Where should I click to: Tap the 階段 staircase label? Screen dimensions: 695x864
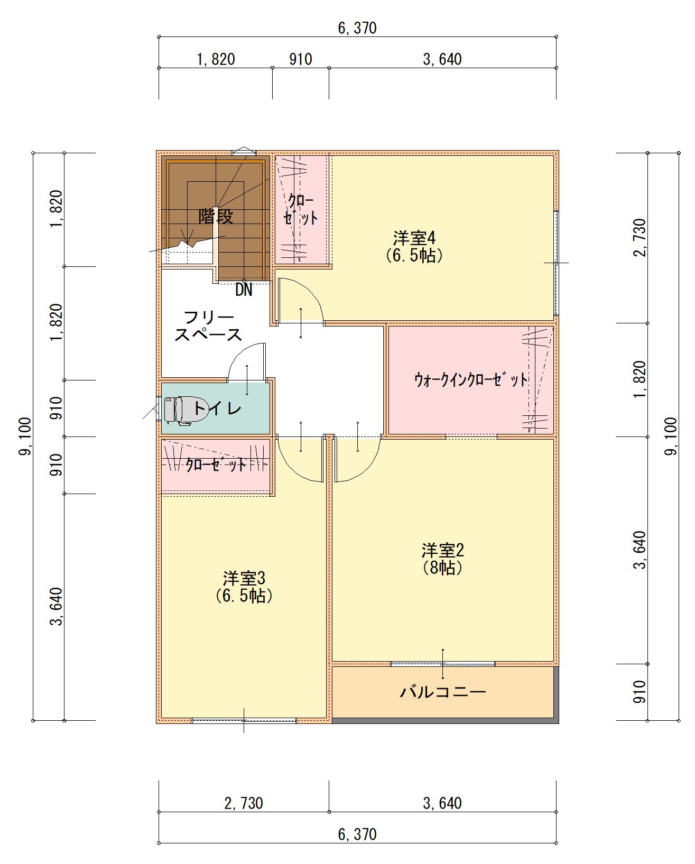pyautogui.click(x=216, y=217)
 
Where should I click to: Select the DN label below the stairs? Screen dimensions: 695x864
pyautogui.click(x=244, y=290)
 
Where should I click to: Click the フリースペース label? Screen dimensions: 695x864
pyautogui.click(x=208, y=326)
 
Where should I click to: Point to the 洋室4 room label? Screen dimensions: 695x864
pyautogui.click(x=414, y=238)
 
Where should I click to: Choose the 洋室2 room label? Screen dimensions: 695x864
pyautogui.click(x=442, y=551)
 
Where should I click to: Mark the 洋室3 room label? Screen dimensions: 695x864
pyautogui.click(x=244, y=579)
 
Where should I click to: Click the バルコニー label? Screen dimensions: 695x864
pyautogui.click(x=443, y=692)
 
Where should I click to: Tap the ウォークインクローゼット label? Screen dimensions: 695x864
pyautogui.click(x=471, y=379)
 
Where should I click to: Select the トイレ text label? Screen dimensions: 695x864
pyautogui.click(x=218, y=408)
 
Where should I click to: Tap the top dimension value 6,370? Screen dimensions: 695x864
pyautogui.click(x=357, y=28)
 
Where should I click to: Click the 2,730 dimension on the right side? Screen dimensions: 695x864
pyautogui.click(x=639, y=238)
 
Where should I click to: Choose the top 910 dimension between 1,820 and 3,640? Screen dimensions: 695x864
pyautogui.click(x=301, y=59)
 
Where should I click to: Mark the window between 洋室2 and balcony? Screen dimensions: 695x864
pyautogui.click(x=443, y=664)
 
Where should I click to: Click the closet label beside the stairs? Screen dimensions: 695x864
pyautogui.click(x=300, y=209)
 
